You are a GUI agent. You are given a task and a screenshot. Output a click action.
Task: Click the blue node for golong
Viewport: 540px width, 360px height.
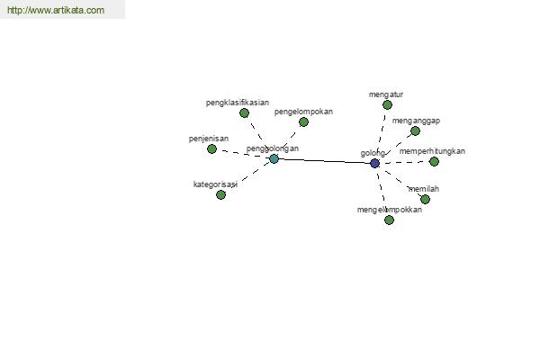point(375,163)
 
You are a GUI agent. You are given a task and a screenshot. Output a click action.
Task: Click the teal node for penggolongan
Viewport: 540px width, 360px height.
point(274,158)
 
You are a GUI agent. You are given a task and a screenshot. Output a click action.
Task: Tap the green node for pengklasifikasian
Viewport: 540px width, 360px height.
point(244,112)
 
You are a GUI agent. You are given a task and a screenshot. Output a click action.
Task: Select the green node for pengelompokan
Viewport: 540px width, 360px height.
point(303,121)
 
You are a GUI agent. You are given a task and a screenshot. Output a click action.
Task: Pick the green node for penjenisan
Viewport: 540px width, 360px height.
point(212,148)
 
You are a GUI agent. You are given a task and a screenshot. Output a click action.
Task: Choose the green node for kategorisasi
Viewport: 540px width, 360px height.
point(220,194)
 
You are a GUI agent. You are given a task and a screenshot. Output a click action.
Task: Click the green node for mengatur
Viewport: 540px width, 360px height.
point(387,104)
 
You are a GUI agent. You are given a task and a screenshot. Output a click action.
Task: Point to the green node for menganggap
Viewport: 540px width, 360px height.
point(415,130)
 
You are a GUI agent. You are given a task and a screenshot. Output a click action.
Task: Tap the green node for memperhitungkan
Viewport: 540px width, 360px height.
point(434,161)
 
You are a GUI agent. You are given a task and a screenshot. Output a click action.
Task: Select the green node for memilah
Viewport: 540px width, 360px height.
point(425,199)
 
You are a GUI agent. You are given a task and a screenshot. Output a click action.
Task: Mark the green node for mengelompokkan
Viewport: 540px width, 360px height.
point(389,220)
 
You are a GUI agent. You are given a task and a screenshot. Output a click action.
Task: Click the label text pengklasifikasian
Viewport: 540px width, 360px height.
point(237,103)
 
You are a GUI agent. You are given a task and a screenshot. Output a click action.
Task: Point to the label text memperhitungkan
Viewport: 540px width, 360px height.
point(432,151)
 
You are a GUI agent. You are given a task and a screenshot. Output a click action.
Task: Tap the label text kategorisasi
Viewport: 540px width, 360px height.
point(214,184)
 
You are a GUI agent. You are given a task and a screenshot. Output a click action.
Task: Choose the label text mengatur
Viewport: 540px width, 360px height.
point(386,94)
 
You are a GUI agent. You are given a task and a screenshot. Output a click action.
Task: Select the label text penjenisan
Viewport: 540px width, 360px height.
point(209,139)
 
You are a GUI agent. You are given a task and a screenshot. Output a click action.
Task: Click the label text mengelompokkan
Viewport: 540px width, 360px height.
point(389,210)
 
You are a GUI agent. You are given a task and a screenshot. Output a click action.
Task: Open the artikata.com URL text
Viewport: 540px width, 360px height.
point(55,11)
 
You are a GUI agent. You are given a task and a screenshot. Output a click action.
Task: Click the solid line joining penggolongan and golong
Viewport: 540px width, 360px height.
point(324,160)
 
